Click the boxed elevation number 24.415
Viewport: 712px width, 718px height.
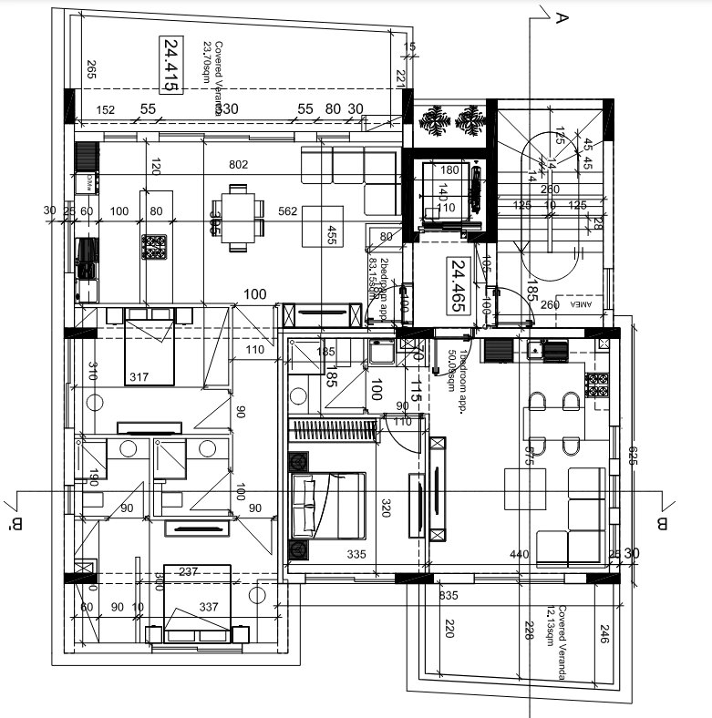(170, 64)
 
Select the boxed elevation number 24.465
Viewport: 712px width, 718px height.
(459, 287)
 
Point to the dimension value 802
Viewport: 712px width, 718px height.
(238, 165)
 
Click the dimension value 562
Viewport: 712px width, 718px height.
(288, 211)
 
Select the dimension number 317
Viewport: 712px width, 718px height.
(139, 378)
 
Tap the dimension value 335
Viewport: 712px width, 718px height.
(356, 554)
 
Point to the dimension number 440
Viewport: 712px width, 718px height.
(520, 554)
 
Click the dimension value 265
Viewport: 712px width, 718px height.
(91, 70)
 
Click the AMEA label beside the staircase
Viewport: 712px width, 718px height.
(581, 307)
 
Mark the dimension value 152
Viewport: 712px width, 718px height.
(106, 110)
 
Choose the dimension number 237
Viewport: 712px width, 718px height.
(189, 572)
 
